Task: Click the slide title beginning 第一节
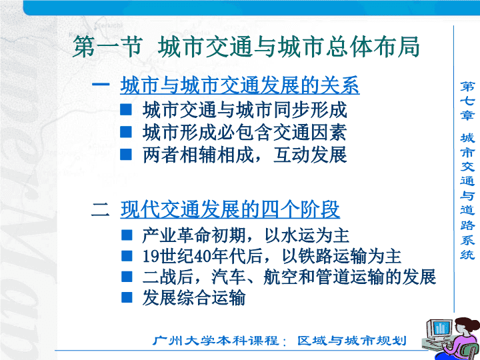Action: pos(246,47)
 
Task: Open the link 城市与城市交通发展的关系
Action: pos(240,85)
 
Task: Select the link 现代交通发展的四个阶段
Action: pos(230,209)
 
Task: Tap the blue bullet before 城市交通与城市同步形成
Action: pos(126,109)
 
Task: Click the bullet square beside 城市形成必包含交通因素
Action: pos(126,132)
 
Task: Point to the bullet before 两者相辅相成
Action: pos(126,154)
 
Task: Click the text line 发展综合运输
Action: pos(194,297)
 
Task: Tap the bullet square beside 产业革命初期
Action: pos(127,235)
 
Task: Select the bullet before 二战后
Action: pos(127,277)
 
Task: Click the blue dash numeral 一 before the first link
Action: pos(101,84)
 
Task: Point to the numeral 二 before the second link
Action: pos(101,210)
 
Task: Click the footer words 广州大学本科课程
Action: pos(216,341)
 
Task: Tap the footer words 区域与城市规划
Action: pos(352,341)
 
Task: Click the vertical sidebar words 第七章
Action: pos(467,101)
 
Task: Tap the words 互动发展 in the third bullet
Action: pos(310,155)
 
